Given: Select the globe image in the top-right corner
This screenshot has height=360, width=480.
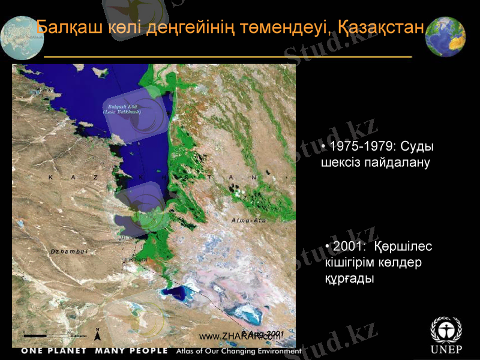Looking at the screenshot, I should [445, 37].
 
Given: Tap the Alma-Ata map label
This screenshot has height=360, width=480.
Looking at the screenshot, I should [248, 221].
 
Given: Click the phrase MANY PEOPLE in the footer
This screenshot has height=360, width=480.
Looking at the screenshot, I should [131, 350].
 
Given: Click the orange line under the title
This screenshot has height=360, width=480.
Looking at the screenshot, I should [228, 55].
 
